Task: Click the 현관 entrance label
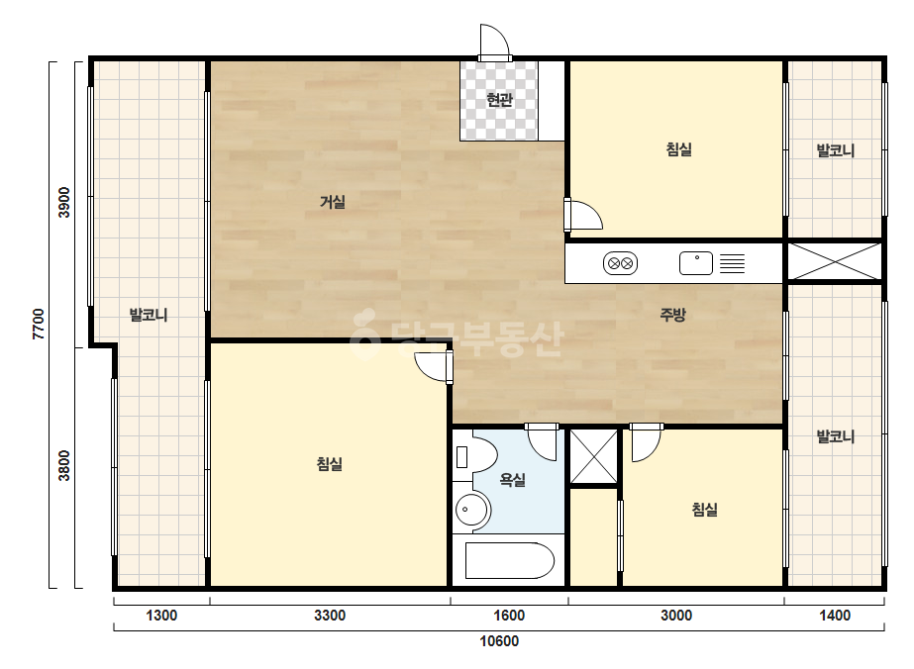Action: [x=499, y=100]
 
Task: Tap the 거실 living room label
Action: [x=333, y=202]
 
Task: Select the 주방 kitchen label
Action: [x=672, y=315]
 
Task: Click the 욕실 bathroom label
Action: [x=512, y=480]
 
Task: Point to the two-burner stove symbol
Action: [x=620, y=263]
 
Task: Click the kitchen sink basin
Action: [x=696, y=263]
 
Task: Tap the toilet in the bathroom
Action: [x=475, y=456]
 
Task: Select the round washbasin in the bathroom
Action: [x=472, y=510]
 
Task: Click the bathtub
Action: [x=509, y=560]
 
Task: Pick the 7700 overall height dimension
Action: [x=39, y=324]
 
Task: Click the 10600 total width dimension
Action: [x=499, y=641]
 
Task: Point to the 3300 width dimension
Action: [x=330, y=616]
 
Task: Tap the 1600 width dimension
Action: [x=509, y=616]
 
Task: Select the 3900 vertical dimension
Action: [x=64, y=202]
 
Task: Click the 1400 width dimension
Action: [x=835, y=616]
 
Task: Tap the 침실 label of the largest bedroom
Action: [x=330, y=464]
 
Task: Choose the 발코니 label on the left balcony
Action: [x=149, y=316]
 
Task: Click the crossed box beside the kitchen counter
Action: [x=835, y=261]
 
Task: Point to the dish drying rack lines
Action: [x=732, y=263]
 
